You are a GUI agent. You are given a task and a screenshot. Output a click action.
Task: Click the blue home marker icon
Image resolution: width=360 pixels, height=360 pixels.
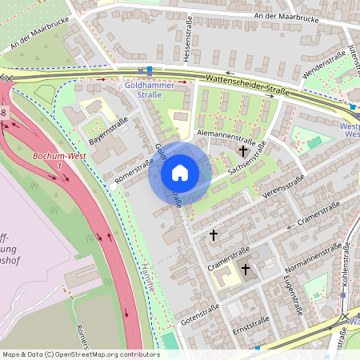(180, 173)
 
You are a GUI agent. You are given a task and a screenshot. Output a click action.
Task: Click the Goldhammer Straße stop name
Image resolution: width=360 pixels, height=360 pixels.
(144, 89)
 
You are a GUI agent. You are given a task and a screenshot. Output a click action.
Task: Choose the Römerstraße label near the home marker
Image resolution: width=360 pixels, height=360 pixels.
(134, 170)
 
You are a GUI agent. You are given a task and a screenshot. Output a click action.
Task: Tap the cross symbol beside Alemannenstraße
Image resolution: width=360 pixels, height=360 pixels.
(242, 150)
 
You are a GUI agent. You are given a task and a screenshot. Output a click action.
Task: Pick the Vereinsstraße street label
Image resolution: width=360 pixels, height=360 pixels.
(282, 187)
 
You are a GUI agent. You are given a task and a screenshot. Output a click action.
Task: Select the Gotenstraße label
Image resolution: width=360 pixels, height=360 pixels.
(199, 313)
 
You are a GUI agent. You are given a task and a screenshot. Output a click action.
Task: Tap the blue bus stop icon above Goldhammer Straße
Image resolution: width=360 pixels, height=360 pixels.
(149, 70)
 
